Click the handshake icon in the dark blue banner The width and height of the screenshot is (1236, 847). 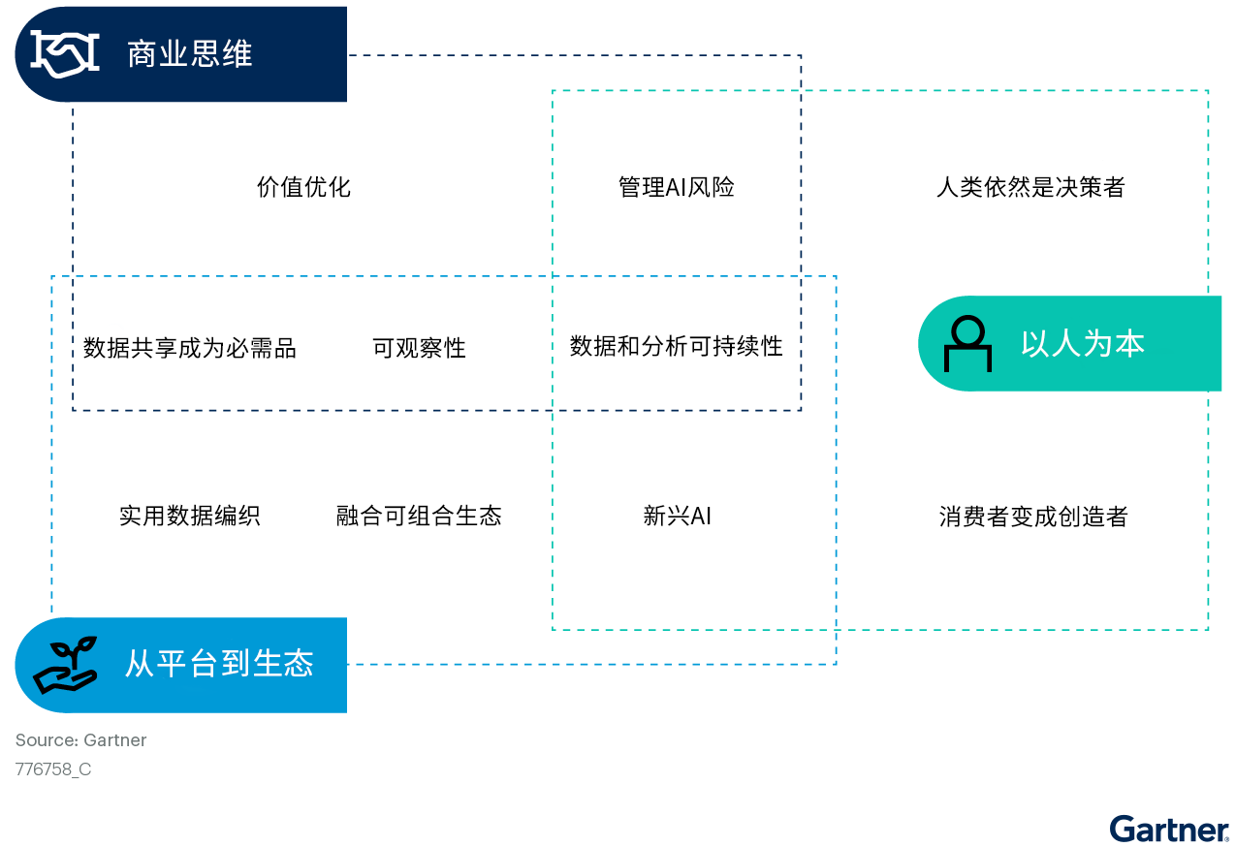(65, 53)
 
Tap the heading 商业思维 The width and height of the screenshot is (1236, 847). (190, 54)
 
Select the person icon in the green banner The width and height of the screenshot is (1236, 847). (967, 344)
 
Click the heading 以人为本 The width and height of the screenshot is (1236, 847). (1083, 344)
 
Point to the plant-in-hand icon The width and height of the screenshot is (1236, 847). (65, 665)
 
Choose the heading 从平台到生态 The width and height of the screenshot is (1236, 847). (220, 663)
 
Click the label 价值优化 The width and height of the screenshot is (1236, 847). (303, 187)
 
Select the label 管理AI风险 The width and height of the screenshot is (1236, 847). (676, 187)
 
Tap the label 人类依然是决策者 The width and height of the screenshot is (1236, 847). (1030, 187)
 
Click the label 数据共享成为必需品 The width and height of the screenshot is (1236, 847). (190, 348)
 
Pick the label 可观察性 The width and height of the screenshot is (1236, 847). (419, 348)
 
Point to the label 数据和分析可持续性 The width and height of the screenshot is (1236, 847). (676, 346)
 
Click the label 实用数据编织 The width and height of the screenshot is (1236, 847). (190, 516)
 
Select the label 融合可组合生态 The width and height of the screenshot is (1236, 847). (419, 516)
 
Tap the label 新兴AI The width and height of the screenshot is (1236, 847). (677, 516)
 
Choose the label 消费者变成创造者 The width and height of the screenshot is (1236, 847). (1033, 517)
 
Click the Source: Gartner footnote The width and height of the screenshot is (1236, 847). (80, 740)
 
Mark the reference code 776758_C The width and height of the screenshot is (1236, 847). (53, 769)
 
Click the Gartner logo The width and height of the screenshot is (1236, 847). (1170, 829)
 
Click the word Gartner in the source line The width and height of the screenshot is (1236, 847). (114, 740)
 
